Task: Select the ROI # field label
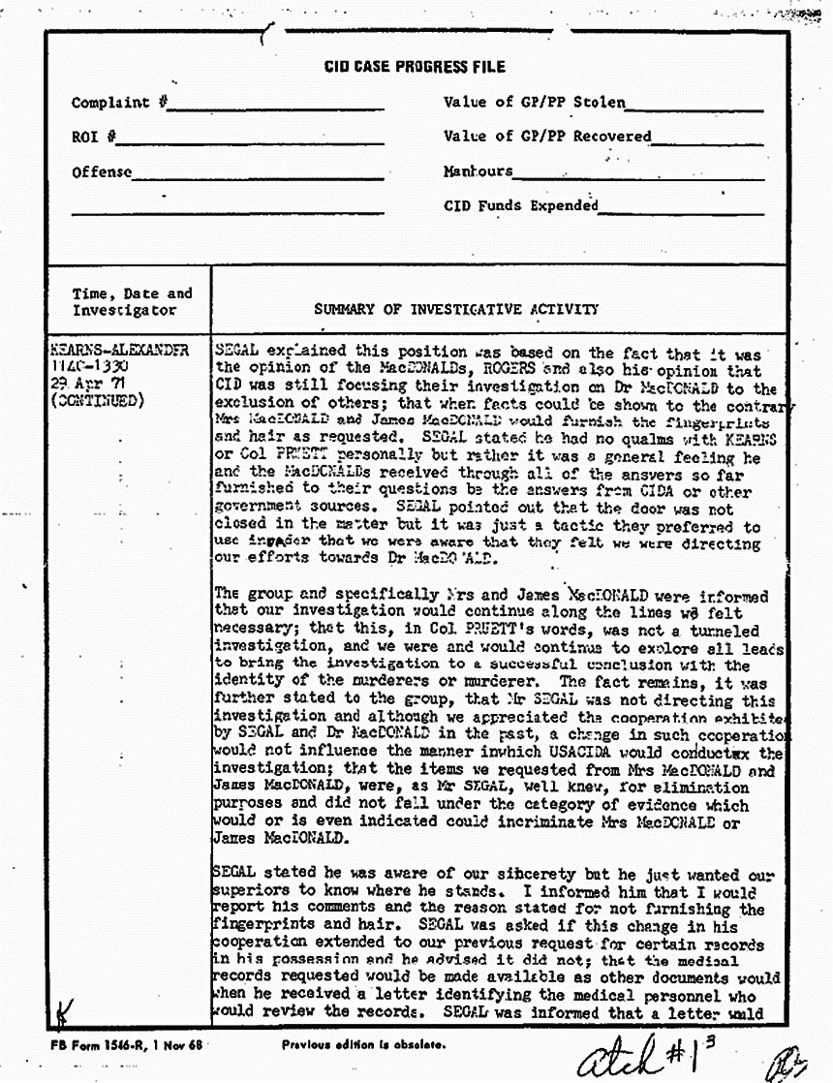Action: coord(93,138)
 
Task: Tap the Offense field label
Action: coord(102,172)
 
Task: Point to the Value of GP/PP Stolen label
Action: coord(534,102)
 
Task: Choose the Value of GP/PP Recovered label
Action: coord(547,137)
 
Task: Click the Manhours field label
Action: coord(478,171)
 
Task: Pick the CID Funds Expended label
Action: coord(520,205)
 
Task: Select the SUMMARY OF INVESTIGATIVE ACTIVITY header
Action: coord(455,310)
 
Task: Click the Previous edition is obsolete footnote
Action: coord(363,1045)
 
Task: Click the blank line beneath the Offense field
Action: coord(227,211)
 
